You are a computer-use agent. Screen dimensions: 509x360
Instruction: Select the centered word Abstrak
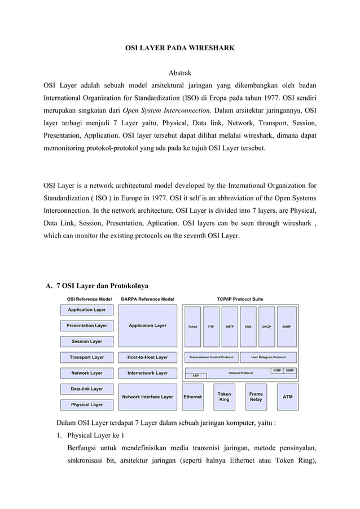click(x=180, y=73)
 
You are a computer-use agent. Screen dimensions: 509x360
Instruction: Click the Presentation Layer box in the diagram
click(x=87, y=326)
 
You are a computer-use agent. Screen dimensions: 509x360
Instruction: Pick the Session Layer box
click(x=87, y=341)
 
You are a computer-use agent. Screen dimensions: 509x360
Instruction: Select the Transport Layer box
click(x=87, y=357)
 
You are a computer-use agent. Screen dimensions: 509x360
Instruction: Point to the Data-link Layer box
click(x=87, y=389)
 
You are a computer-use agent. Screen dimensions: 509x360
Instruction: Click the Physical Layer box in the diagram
click(x=87, y=405)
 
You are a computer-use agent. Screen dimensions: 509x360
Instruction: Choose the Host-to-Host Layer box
click(x=148, y=357)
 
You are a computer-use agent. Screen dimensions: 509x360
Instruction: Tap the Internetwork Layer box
click(x=148, y=373)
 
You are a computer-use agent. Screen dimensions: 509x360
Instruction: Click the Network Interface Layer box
click(x=148, y=397)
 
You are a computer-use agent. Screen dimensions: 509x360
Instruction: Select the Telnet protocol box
click(x=192, y=326)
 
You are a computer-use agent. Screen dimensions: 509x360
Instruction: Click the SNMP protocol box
click(x=286, y=326)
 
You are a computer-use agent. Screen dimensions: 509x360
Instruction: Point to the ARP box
click(x=196, y=375)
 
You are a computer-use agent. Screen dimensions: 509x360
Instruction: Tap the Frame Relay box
click(x=256, y=397)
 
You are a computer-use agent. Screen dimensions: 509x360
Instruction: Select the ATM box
click(x=287, y=397)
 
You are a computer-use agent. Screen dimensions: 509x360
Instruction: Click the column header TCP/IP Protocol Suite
click(x=240, y=299)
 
